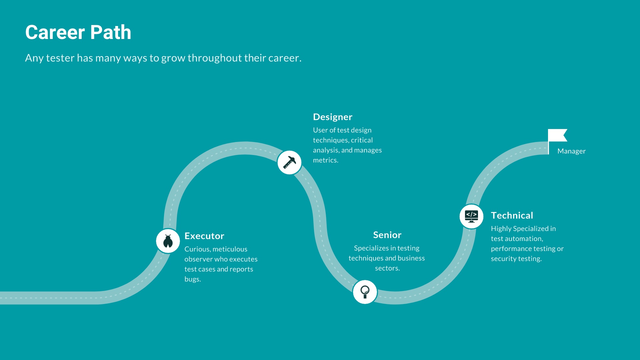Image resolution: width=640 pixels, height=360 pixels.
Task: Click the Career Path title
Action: (x=78, y=32)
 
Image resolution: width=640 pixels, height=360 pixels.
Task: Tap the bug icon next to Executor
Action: (x=168, y=241)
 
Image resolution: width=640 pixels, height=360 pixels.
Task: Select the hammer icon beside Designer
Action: (x=289, y=163)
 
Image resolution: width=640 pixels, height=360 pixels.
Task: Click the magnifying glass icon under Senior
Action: (x=365, y=292)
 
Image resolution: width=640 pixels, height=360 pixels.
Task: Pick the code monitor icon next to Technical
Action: (x=471, y=216)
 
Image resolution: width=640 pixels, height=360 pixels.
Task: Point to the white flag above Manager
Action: (x=557, y=136)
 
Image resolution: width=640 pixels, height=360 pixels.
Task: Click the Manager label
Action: (x=571, y=151)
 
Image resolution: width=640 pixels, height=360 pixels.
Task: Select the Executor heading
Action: (x=204, y=236)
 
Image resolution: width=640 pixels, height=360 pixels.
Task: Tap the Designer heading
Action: (x=332, y=117)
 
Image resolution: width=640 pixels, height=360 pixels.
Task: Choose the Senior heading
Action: (x=387, y=235)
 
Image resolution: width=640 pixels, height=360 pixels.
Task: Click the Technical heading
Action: (x=512, y=216)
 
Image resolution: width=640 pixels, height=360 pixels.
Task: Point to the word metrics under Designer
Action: (x=325, y=160)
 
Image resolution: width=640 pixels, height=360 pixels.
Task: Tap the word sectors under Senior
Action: (x=386, y=268)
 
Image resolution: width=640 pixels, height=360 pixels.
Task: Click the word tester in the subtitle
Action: (x=60, y=58)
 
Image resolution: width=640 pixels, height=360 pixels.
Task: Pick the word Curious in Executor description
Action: (x=197, y=249)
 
